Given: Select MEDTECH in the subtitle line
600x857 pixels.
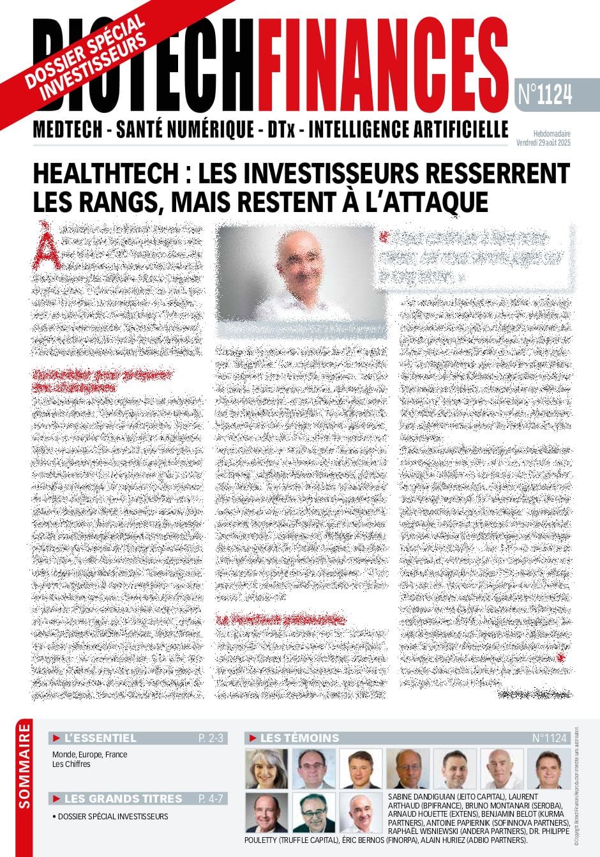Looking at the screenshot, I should pos(68,130).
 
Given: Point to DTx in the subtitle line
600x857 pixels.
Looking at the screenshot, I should pos(281,130).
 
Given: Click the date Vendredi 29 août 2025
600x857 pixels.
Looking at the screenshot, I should pos(543,143).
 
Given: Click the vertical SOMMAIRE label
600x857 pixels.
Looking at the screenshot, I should pos(25,766).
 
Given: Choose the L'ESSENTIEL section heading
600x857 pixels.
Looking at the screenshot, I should pos(100,738).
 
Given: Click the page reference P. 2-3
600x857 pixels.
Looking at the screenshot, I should pos(211,738).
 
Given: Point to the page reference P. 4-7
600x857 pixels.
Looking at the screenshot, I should pos(211,799).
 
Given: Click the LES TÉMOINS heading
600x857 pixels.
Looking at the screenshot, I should pos(299,738).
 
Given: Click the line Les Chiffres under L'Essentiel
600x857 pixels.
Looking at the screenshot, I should pos(71,764).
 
